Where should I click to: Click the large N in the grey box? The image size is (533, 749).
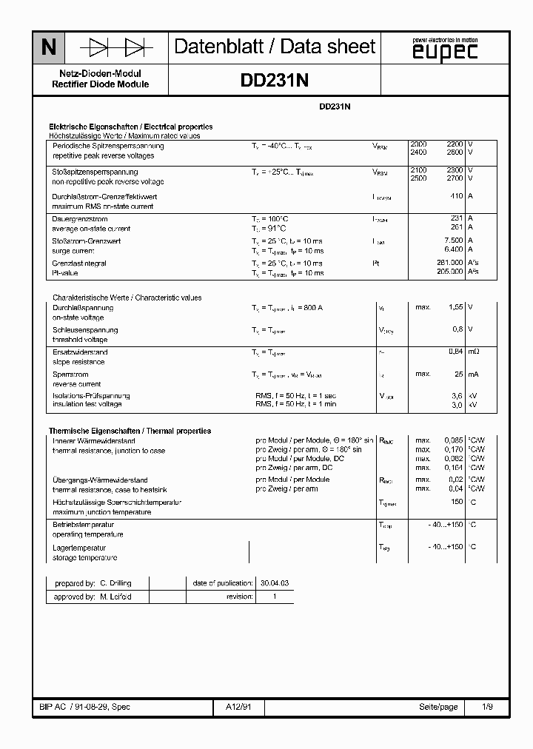point(48,48)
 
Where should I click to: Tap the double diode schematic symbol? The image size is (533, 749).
point(117,48)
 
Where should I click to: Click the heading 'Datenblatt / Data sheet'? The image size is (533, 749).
point(275,47)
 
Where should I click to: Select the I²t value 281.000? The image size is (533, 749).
point(450,263)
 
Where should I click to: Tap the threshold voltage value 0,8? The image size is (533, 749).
point(457,329)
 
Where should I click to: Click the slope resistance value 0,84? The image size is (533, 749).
point(455,352)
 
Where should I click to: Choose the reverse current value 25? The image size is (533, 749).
point(458,374)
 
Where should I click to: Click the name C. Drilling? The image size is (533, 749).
point(115,583)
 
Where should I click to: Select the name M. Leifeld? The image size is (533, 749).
point(115,597)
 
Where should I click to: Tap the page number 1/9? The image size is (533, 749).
point(487,708)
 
